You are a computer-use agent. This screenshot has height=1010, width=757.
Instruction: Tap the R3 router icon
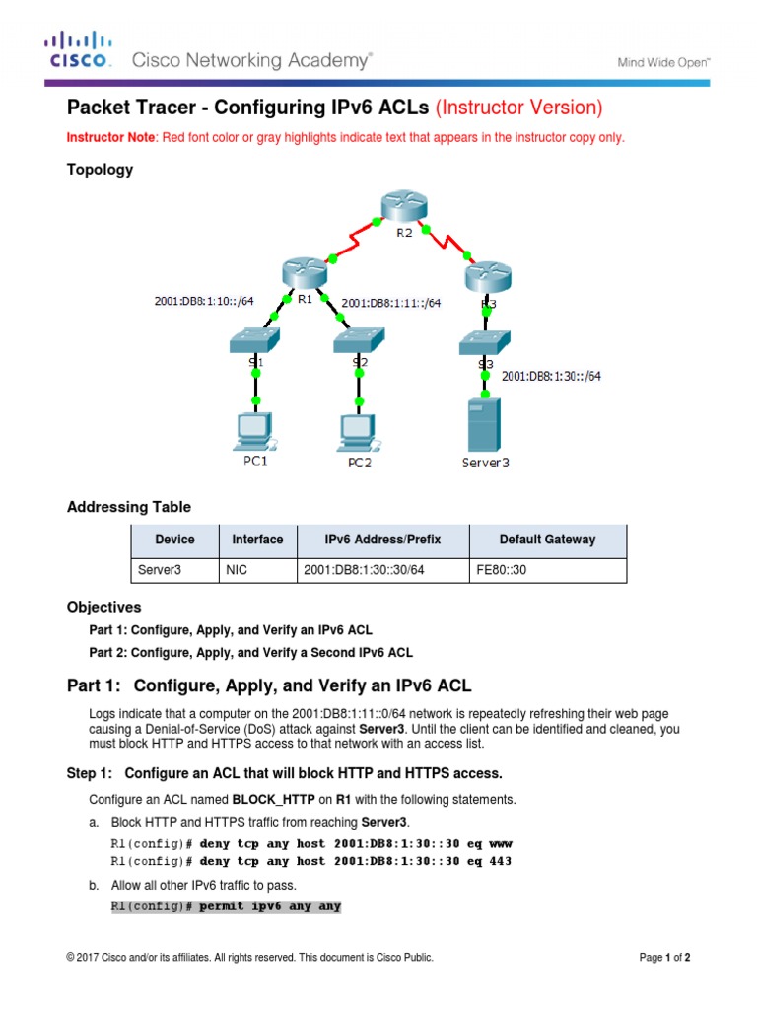coord(489,274)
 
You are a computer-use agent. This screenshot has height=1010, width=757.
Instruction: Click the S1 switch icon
coord(255,340)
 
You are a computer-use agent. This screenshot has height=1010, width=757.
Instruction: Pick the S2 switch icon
coord(359,341)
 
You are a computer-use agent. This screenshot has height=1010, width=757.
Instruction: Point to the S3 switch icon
coord(484,341)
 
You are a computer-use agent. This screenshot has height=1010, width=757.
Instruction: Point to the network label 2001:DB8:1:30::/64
coord(552,375)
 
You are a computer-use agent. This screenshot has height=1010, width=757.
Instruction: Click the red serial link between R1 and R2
coord(356,245)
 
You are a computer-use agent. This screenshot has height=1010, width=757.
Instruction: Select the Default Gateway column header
coord(547,540)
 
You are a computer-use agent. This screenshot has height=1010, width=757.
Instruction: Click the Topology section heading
coord(100,170)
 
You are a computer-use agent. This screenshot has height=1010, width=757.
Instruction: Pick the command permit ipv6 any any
coord(270,905)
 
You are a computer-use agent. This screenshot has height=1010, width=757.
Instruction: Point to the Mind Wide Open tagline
coord(663,61)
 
